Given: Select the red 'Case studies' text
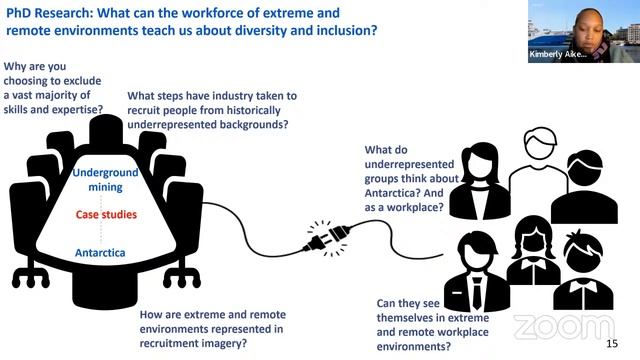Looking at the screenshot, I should point(105,214).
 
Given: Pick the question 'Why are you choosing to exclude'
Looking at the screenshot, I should point(55,87).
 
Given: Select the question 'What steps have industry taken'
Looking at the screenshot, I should point(211,110).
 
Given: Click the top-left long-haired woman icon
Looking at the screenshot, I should point(479,180).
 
